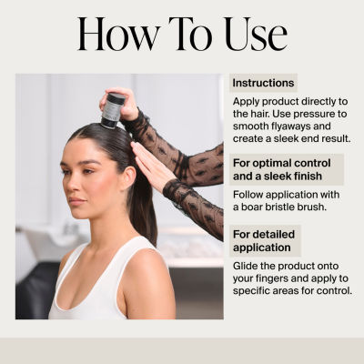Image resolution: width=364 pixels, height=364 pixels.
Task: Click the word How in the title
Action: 119,34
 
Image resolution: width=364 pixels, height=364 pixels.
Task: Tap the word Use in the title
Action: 256,34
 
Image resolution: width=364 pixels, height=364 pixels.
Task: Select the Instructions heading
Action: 263,83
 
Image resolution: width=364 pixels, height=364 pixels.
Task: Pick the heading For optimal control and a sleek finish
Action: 282,169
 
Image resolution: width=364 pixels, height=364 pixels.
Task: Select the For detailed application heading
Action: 264,241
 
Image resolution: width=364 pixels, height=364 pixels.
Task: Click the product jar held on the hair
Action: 112,110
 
